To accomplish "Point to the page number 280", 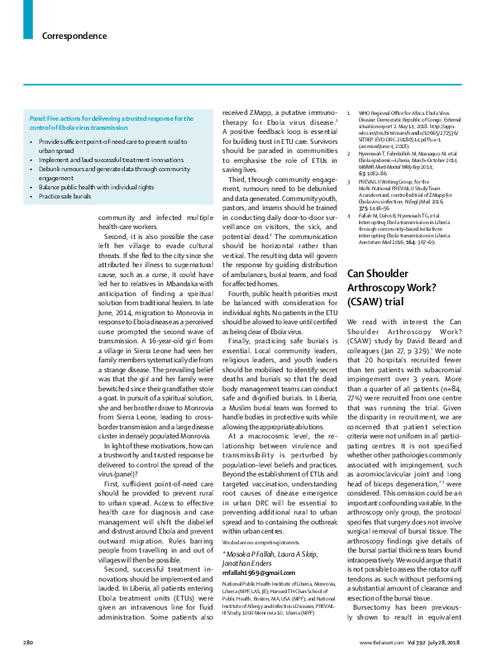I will click(27, 643).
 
